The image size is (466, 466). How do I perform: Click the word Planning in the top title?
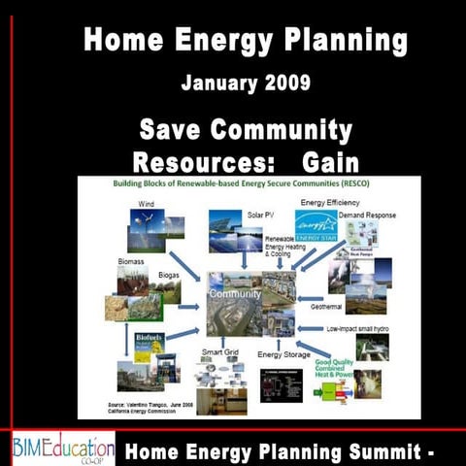pos(335,42)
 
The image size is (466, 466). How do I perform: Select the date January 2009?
pos(232,83)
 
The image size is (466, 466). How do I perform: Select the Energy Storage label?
pos(285,355)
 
